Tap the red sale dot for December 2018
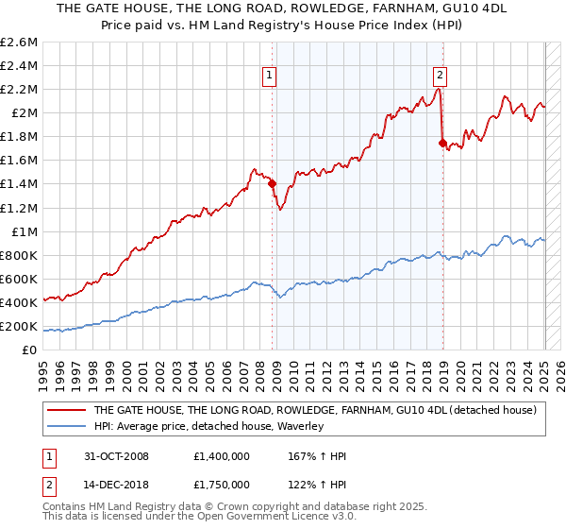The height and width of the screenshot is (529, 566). point(442,143)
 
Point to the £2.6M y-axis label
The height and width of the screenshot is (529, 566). point(19,43)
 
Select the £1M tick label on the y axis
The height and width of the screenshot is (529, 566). point(25,231)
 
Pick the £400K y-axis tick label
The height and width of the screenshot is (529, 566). point(19,302)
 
